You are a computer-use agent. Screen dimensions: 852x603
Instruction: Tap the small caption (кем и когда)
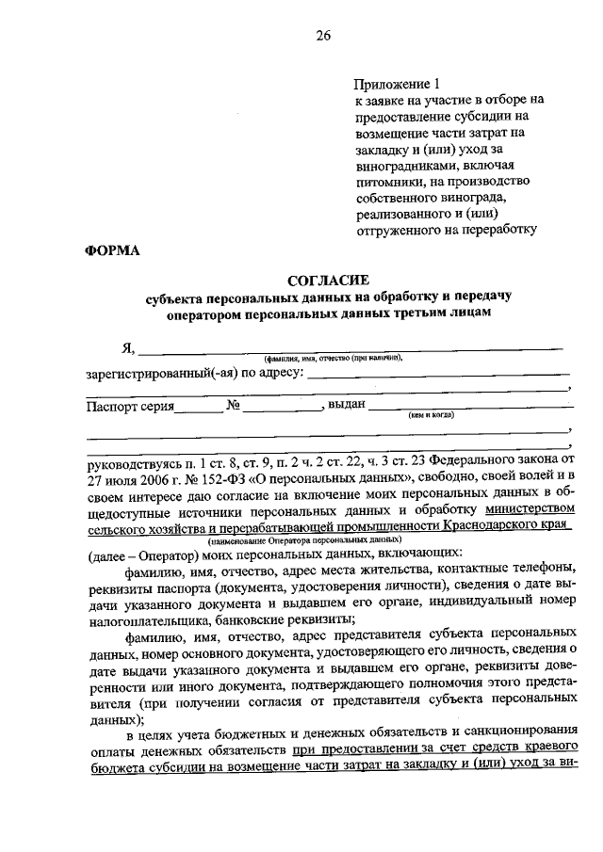click(x=432, y=415)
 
